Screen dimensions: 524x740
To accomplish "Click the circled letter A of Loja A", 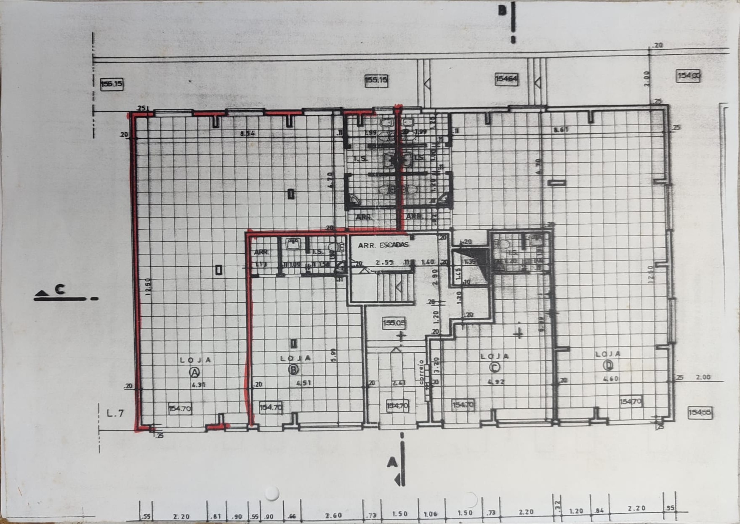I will pyautogui.click(x=194, y=372).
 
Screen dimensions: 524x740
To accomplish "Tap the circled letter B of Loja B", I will pyautogui.click(x=293, y=370).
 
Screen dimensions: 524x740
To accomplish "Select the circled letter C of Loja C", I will pyautogui.click(x=495, y=367).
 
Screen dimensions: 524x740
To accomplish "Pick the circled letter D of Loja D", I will pyautogui.click(x=608, y=365).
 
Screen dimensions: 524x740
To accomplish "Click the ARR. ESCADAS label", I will pyautogui.click(x=383, y=245).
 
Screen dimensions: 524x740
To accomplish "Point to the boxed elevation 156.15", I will pyautogui.click(x=112, y=84).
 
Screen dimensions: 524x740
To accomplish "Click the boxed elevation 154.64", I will pyautogui.click(x=506, y=79).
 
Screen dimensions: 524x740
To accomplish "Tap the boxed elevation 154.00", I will pyautogui.click(x=689, y=76).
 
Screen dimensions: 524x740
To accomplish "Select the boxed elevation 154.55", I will pyautogui.click(x=700, y=413).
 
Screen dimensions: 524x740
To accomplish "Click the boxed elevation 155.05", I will pyautogui.click(x=394, y=323).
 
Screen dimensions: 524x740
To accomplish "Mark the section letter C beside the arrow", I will pyautogui.click(x=60, y=289).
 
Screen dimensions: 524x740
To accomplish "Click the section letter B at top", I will pyautogui.click(x=502, y=11).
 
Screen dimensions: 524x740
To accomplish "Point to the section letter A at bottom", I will pyautogui.click(x=392, y=463).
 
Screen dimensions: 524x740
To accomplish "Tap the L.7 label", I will pyautogui.click(x=115, y=413).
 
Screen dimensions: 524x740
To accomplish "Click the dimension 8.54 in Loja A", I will pyautogui.click(x=248, y=134).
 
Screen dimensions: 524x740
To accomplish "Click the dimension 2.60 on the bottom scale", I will pyautogui.click(x=333, y=515).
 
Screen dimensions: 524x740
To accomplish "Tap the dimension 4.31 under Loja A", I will pyautogui.click(x=199, y=385).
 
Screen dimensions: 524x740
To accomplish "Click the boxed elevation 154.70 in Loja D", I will pyautogui.click(x=631, y=402).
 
